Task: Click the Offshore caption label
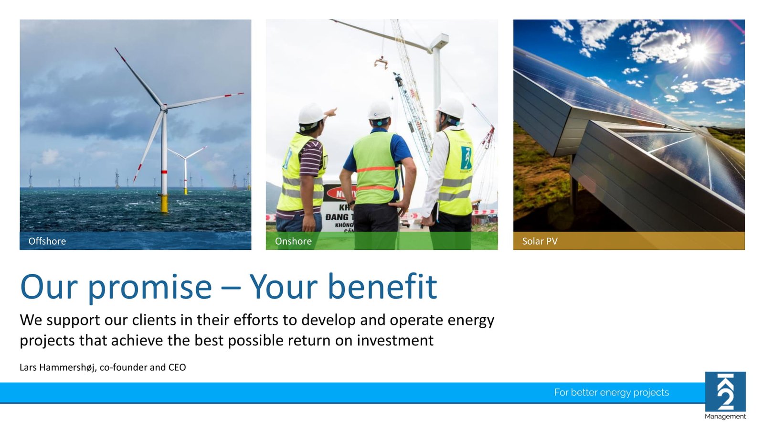click(x=47, y=241)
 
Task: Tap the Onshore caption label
click(x=293, y=241)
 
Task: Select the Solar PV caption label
click(x=540, y=241)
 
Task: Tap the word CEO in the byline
click(x=177, y=367)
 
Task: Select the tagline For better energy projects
click(x=611, y=392)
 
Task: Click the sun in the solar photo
click(x=698, y=52)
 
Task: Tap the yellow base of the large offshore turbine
click(x=164, y=204)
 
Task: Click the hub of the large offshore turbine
click(x=164, y=107)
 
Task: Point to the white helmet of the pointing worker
click(x=311, y=114)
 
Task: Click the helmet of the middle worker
click(x=380, y=110)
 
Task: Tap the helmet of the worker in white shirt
click(x=451, y=108)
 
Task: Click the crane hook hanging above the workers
click(x=382, y=63)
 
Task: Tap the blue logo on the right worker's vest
click(x=466, y=158)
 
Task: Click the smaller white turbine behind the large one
click(x=186, y=170)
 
